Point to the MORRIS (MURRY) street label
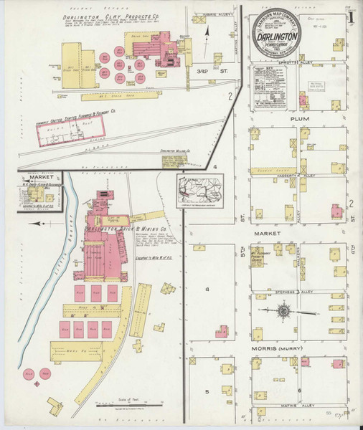pyautogui.click(x=280, y=349)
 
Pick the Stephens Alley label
pyautogui.click(x=284, y=292)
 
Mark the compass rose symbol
pyautogui.click(x=284, y=311)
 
